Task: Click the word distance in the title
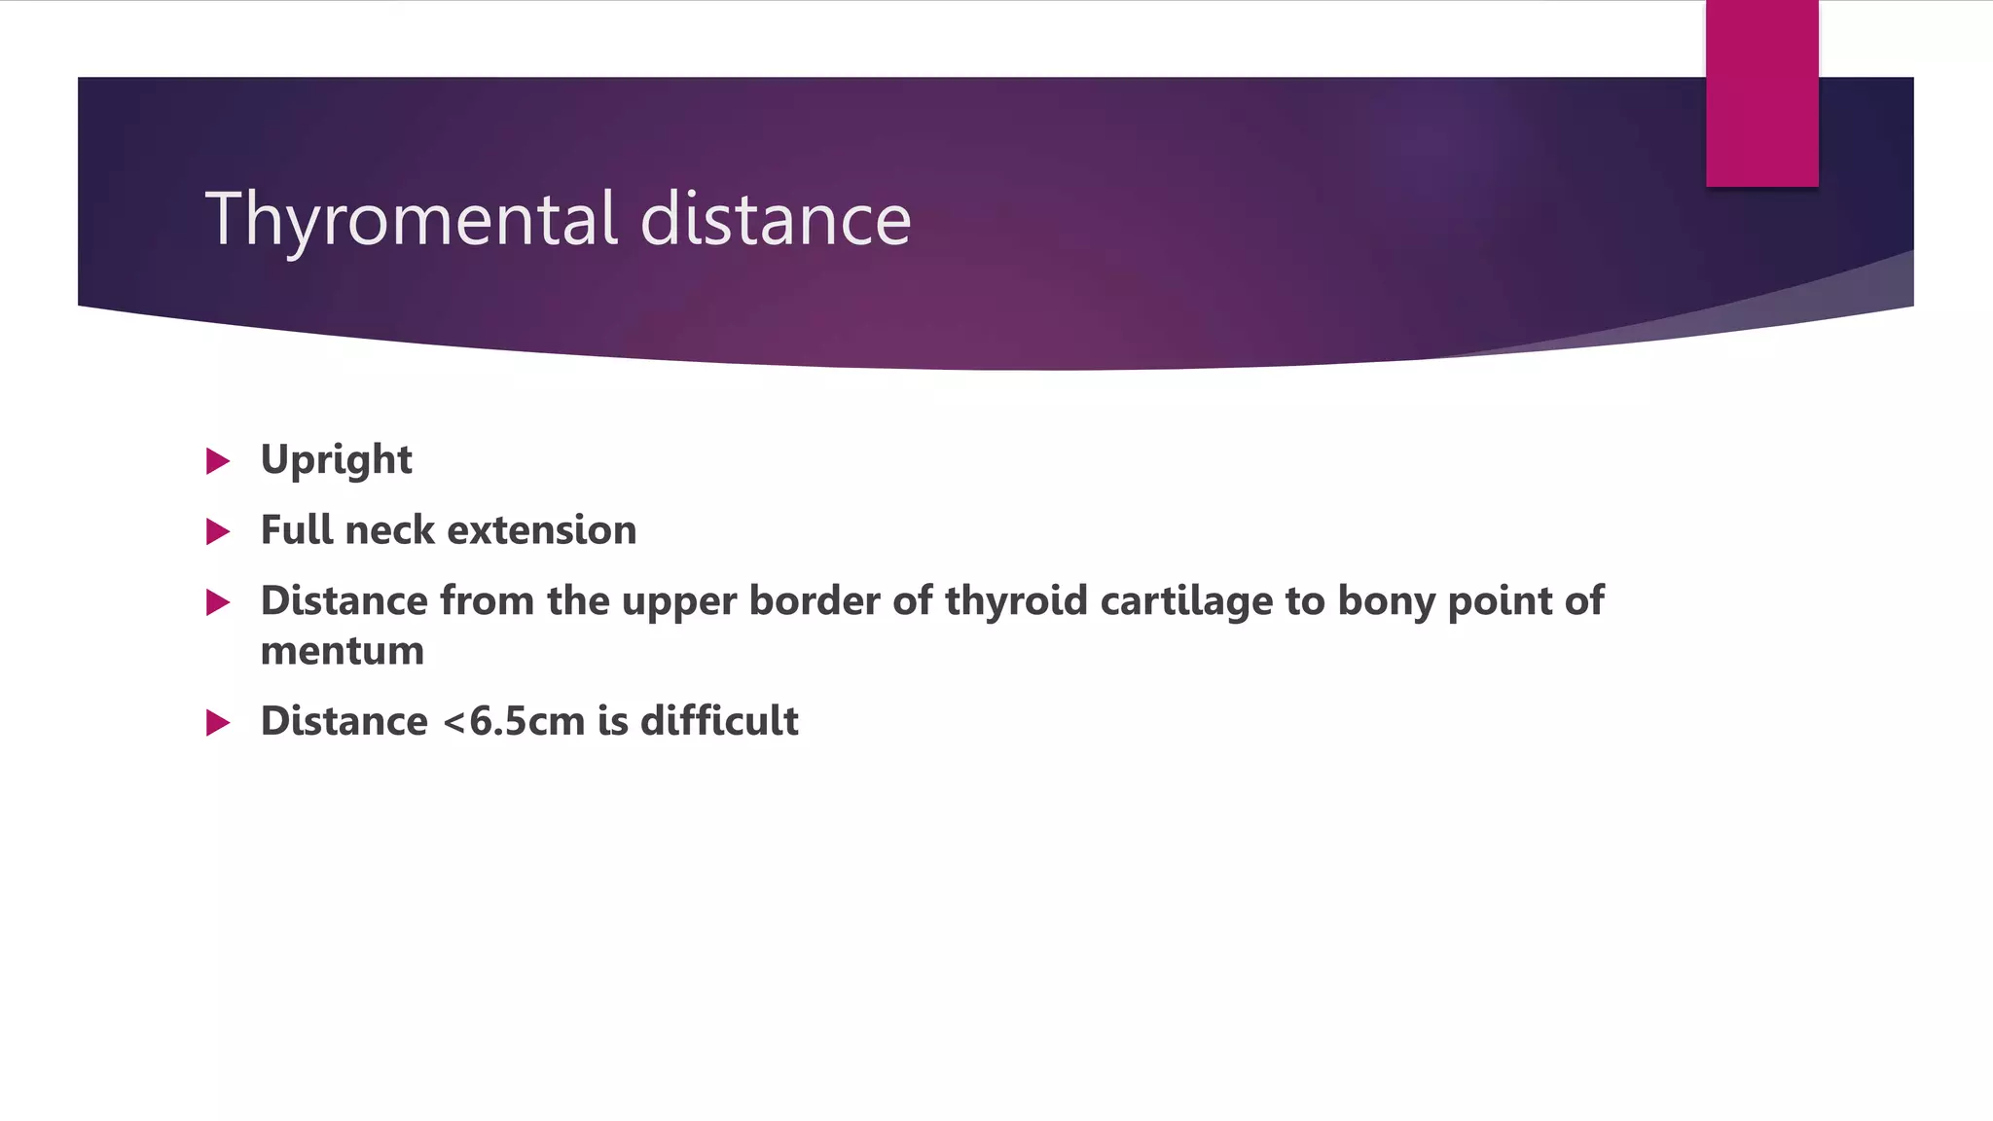point(776,220)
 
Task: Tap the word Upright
point(336,460)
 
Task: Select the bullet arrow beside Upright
point(218,461)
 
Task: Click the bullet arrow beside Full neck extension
point(218,531)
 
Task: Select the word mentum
point(342,651)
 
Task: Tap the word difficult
point(719,721)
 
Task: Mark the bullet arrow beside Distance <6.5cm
point(218,723)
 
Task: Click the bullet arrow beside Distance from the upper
point(218,602)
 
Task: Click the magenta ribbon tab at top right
point(1761,92)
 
